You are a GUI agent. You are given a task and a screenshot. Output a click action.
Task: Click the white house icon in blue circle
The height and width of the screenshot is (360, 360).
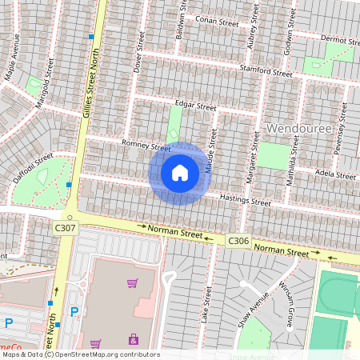coord(180,173)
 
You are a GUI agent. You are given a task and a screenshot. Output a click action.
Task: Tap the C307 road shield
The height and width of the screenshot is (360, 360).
coord(66,229)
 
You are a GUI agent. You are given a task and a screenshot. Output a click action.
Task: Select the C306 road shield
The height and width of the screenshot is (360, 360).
coord(238,240)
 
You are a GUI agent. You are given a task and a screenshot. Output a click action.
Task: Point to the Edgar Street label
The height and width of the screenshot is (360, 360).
coord(195,106)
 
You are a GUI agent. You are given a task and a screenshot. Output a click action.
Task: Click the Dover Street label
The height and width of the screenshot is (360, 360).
coord(138,53)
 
